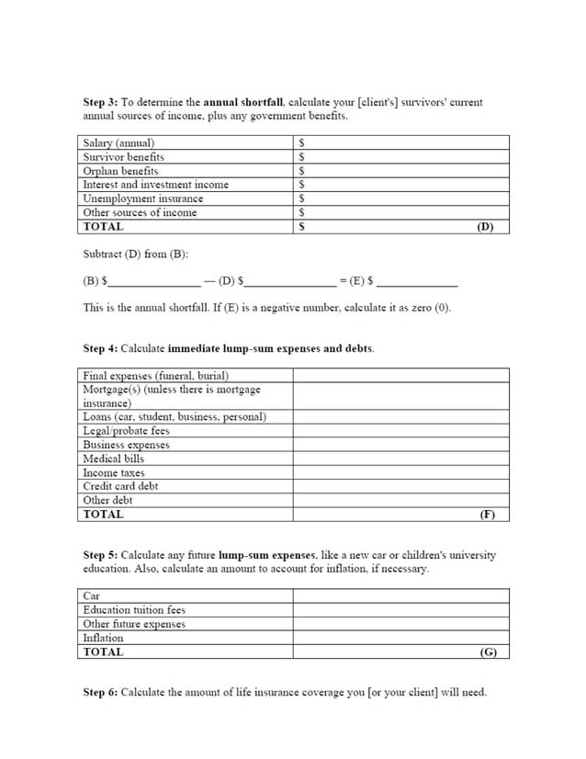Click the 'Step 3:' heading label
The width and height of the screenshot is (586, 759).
point(101,103)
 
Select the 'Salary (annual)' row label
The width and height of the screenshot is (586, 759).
point(118,143)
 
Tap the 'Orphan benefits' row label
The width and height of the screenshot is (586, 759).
point(120,171)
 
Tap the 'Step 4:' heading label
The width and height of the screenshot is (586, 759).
point(101,349)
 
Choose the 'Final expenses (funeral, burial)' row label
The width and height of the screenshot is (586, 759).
point(155,376)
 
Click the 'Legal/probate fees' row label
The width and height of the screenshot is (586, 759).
point(126,431)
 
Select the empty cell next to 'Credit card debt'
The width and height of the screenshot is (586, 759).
point(400,486)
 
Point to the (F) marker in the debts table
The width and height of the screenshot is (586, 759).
point(487,515)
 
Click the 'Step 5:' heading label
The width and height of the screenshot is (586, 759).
point(101,556)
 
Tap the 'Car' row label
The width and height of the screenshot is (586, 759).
point(92,596)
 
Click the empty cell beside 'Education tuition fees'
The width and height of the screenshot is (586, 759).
point(400,610)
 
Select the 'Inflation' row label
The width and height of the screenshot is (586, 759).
point(103,638)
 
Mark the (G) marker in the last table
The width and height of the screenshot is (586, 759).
point(488,652)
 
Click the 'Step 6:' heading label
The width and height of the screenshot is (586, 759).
point(101,692)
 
